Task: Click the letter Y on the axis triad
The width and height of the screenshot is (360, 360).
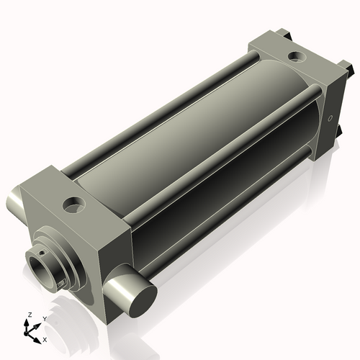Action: (x=45, y=318)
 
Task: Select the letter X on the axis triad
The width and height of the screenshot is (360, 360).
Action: (x=45, y=338)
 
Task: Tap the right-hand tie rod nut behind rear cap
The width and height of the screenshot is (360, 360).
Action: (x=350, y=70)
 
